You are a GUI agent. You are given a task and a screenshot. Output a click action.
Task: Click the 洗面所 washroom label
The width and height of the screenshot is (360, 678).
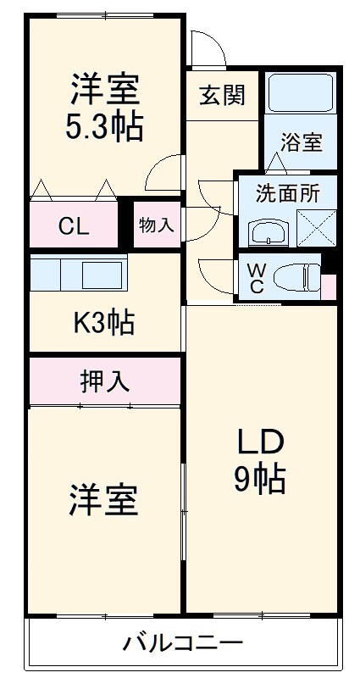pyautogui.click(x=287, y=194)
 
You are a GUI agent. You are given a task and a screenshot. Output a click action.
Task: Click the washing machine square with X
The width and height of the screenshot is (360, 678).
pyautogui.click(x=317, y=227)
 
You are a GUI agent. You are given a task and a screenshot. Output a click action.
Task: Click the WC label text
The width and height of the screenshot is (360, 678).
pyautogui.click(x=256, y=277)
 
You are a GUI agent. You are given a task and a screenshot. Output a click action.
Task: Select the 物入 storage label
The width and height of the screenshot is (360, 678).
pyautogui.click(x=156, y=225)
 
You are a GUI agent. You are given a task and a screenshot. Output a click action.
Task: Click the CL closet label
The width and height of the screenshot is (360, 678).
pyautogui.click(x=73, y=226)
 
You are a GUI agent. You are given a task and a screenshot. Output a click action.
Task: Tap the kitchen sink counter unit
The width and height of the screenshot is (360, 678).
pyautogui.click(x=78, y=274)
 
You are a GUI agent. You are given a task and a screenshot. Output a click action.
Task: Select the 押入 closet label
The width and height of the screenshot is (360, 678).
pyautogui.click(x=105, y=381)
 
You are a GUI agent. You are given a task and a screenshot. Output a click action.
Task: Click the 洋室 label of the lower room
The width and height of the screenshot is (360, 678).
pyautogui.click(x=103, y=501)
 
